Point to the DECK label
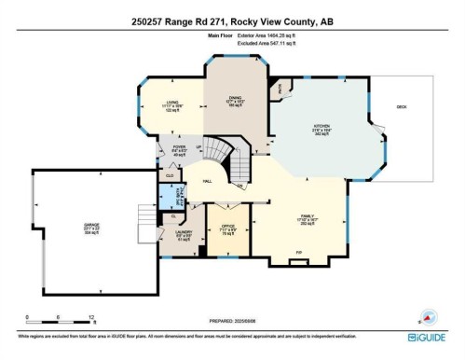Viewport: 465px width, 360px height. pos(402,107)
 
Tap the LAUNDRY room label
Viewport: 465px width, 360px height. pos(185,233)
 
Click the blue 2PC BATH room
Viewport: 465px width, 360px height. pos(170,198)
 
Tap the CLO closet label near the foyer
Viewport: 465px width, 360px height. pos(170,174)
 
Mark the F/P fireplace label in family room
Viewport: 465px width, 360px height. pos(299,252)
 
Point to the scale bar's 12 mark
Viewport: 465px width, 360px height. pos(91,318)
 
